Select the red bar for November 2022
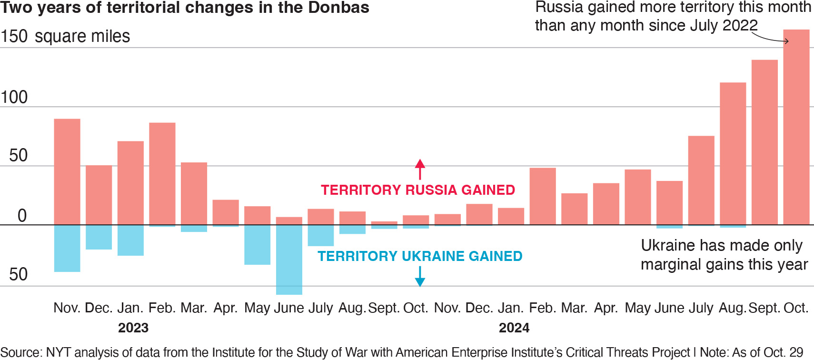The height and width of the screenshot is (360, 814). coord(67,171)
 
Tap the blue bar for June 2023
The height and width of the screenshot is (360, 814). coord(289,260)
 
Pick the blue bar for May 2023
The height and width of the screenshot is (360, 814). coord(257,244)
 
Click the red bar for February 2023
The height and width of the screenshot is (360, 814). coord(162,173)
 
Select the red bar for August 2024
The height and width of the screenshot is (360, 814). coord(733,153)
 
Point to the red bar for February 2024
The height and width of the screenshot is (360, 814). coord(543,196)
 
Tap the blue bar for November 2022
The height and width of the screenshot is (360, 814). coord(67,248)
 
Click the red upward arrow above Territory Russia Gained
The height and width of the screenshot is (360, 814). coord(419,169)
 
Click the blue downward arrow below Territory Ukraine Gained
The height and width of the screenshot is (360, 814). coord(419,277)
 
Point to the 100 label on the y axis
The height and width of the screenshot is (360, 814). coord(14,97)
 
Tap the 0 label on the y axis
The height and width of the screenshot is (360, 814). coord(22,216)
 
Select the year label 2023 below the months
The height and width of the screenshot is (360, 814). coord(133,328)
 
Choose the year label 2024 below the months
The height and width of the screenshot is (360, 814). coord(514,328)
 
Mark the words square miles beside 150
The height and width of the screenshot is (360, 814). coord(82,36)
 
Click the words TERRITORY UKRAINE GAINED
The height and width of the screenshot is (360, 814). coord(420,256)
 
